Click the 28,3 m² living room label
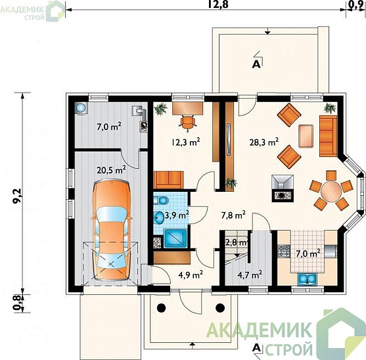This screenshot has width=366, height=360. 264,142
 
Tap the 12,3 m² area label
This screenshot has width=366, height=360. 186,142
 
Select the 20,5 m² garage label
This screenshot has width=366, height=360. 111,170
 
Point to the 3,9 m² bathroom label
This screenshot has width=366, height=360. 177,215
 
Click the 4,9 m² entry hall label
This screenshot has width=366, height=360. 191,275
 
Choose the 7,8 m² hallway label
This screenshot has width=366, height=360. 233,215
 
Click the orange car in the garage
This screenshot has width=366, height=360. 112,231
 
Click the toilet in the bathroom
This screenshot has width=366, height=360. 161,200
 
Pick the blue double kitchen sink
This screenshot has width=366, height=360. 307,279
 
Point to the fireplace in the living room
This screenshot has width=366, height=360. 283,188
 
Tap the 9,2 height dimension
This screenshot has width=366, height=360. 18,196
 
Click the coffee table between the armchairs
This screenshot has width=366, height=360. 306,136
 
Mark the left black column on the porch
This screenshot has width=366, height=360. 161,308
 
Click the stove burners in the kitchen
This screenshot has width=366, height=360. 284,250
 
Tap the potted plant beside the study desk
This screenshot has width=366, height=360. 161,109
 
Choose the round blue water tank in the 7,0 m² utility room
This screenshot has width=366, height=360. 81,108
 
